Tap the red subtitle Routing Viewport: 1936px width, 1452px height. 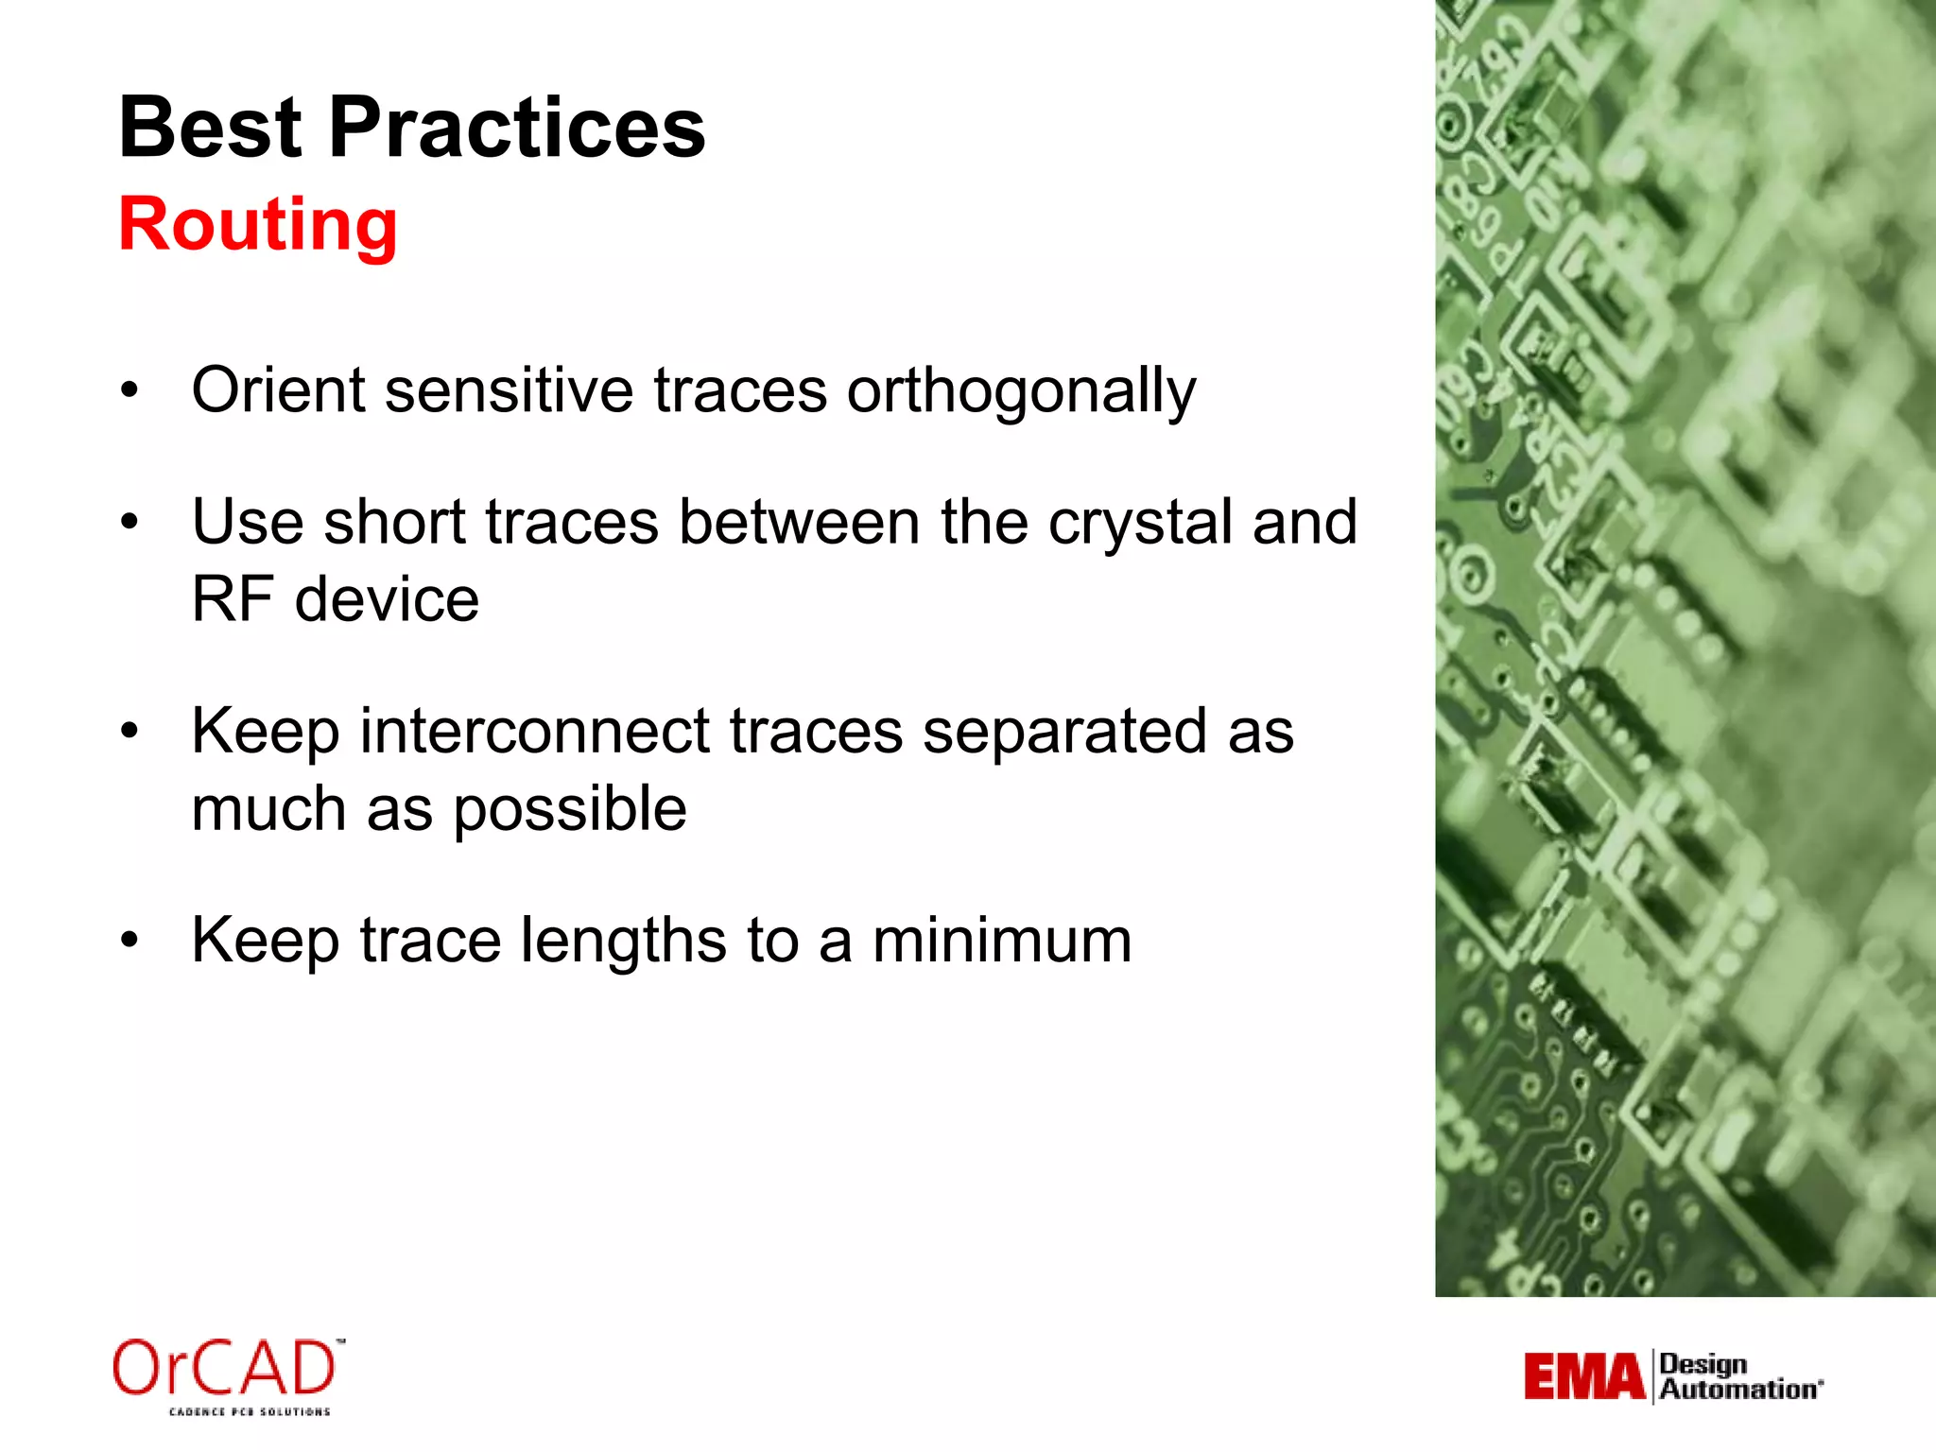[258, 225]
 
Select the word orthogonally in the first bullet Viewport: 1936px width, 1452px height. [1021, 390]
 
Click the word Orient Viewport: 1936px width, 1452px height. [278, 389]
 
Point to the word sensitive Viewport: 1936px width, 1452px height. [509, 389]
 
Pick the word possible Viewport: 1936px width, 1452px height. [569, 810]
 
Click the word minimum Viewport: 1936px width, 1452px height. [1001, 941]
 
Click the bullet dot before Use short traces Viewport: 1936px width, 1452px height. [130, 522]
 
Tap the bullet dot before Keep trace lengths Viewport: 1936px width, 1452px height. [130, 941]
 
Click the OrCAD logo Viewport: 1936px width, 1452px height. [225, 1368]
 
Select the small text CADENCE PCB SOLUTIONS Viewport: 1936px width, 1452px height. [250, 1411]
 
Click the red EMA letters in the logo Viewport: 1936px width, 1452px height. [1584, 1376]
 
